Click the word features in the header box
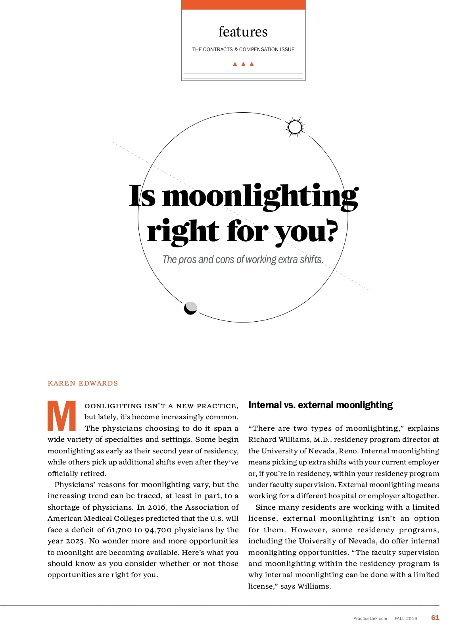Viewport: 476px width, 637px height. [x=243, y=32]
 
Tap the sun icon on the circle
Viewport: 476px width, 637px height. [x=295, y=127]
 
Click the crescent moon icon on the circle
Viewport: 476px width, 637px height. [x=191, y=308]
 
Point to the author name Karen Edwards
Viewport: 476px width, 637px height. [x=83, y=383]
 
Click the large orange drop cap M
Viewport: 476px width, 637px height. [x=62, y=416]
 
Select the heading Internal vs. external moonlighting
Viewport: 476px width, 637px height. [x=320, y=405]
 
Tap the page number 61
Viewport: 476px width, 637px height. [x=435, y=618]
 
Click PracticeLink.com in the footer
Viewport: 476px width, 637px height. [x=370, y=618]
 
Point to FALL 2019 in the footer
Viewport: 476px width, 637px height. [x=406, y=618]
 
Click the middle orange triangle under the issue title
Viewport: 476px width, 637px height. [x=243, y=64]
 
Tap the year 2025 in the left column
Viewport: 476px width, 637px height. [x=75, y=541]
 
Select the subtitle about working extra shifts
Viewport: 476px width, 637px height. [x=243, y=259]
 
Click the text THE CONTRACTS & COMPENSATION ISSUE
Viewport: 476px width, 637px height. [x=243, y=50]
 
